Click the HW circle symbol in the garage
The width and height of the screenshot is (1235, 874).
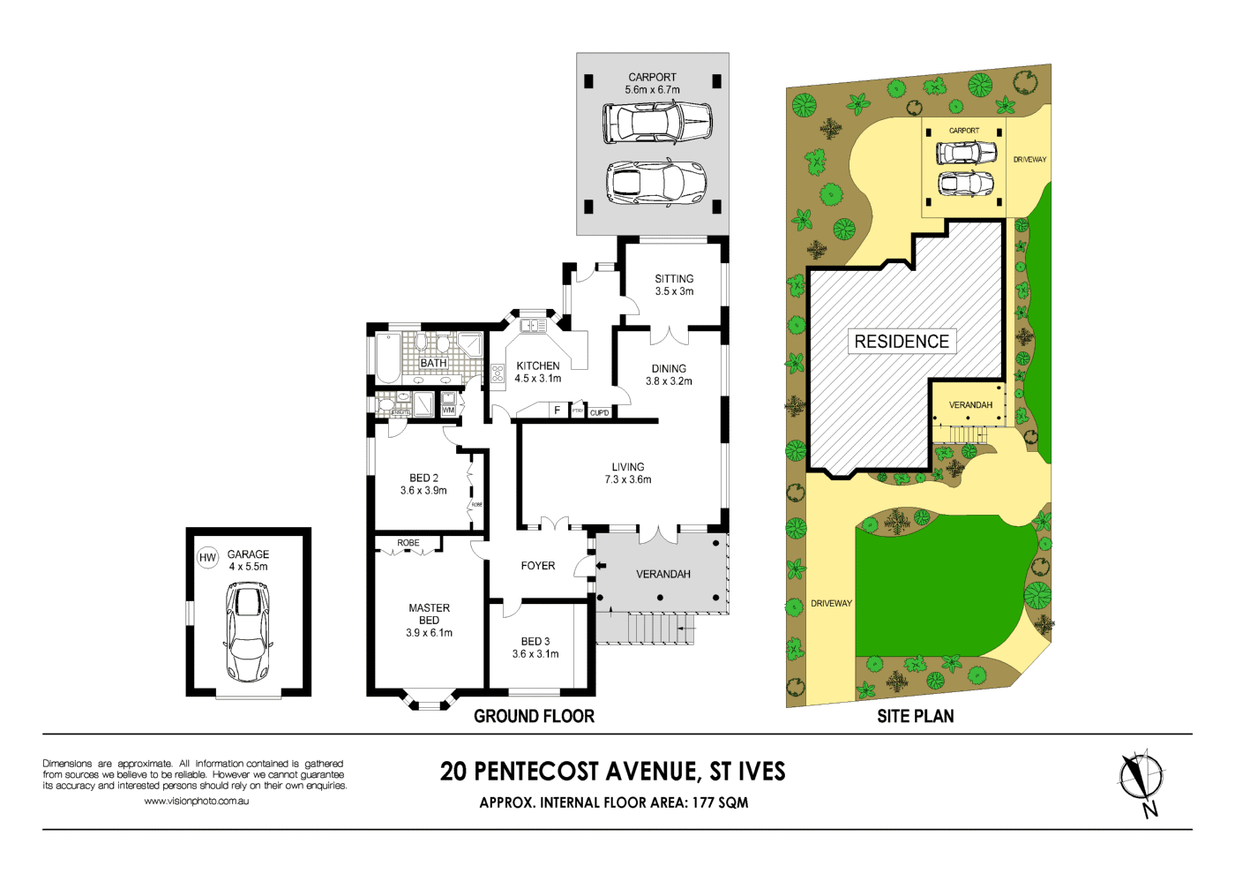click(x=207, y=558)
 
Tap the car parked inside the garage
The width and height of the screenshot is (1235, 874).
click(x=248, y=632)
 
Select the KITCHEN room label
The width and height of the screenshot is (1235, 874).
click(x=538, y=365)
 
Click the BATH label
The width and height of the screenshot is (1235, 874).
click(x=433, y=363)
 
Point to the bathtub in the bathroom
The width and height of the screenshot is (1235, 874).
click(x=388, y=358)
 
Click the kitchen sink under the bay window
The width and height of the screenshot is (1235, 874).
click(x=533, y=326)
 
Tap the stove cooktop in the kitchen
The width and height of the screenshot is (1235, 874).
click(x=498, y=373)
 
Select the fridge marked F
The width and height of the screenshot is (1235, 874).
click(x=557, y=411)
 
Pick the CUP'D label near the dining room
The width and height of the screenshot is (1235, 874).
click(x=600, y=412)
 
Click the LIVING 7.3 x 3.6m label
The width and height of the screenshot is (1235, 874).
click(x=628, y=473)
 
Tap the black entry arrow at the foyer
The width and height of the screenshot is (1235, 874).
click(x=601, y=566)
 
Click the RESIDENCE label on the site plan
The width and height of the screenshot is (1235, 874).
click(x=902, y=342)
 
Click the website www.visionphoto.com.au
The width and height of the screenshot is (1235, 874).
click(x=196, y=801)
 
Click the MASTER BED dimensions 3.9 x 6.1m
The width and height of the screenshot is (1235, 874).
click(x=430, y=633)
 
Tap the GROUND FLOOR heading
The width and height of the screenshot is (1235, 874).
click(x=534, y=716)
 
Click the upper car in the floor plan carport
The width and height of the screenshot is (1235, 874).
click(x=657, y=122)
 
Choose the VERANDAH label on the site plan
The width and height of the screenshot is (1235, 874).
click(x=970, y=405)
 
